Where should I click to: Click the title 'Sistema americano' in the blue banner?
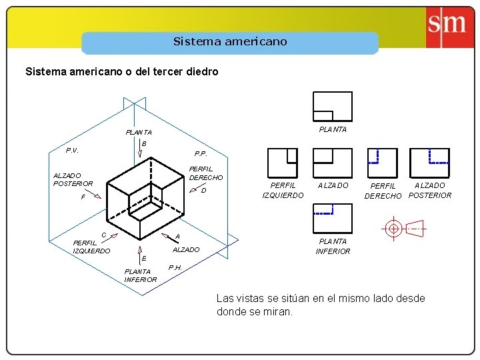pyautogui.click(x=230, y=41)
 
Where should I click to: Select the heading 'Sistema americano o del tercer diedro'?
pyautogui.click(x=121, y=71)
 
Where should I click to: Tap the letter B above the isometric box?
pyautogui.click(x=143, y=145)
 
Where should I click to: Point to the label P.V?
pyautogui.click(x=72, y=150)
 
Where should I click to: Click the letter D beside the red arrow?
pyautogui.click(x=204, y=191)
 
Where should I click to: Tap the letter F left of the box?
pyautogui.click(x=83, y=197)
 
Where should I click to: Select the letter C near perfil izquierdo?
pyautogui.click(x=104, y=234)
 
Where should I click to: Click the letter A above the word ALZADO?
pyautogui.click(x=177, y=237)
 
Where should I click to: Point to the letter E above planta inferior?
pyautogui.click(x=143, y=258)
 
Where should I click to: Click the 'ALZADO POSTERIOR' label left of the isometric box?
pyautogui.click(x=73, y=179)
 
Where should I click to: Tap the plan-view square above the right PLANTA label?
pyautogui.click(x=332, y=107)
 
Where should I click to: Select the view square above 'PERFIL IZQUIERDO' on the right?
pyautogui.click(x=282, y=163)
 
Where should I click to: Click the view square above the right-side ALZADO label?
pyautogui.click(x=332, y=163)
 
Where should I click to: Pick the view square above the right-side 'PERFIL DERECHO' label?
pyautogui.click(x=383, y=163)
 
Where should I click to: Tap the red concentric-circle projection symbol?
pyautogui.click(x=393, y=228)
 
